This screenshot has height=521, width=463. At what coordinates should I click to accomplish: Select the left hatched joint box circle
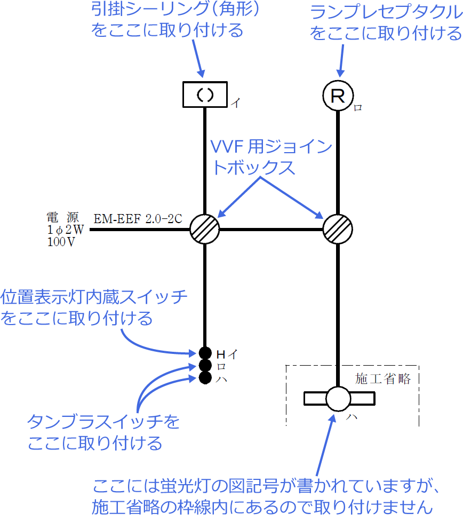(205, 230)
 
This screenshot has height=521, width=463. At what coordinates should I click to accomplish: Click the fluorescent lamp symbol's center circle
(338, 399)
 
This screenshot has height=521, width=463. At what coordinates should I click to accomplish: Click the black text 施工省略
(383, 379)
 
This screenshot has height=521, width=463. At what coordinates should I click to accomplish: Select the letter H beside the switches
(221, 353)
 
